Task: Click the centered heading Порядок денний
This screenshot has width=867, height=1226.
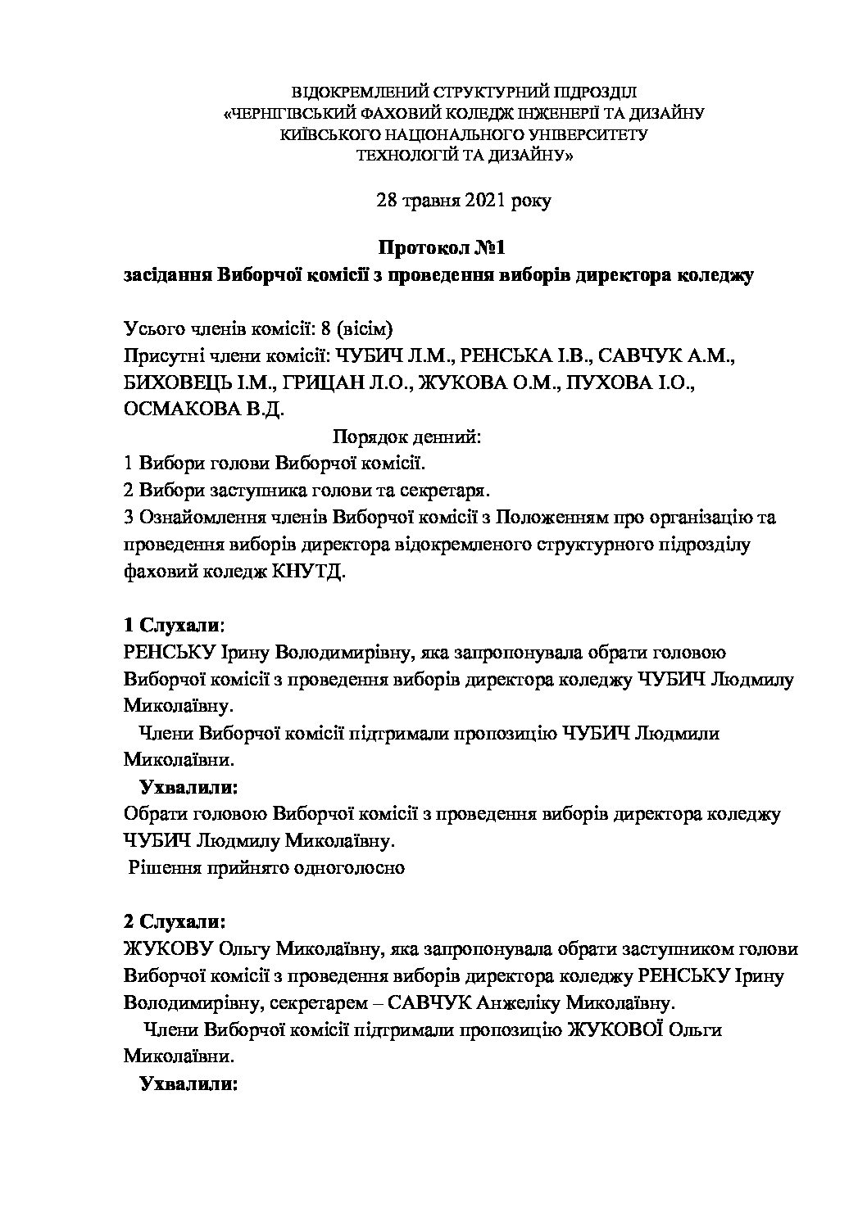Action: pyautogui.click(x=407, y=437)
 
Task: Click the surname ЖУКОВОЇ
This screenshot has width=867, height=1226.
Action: pyautogui.click(x=615, y=1030)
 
